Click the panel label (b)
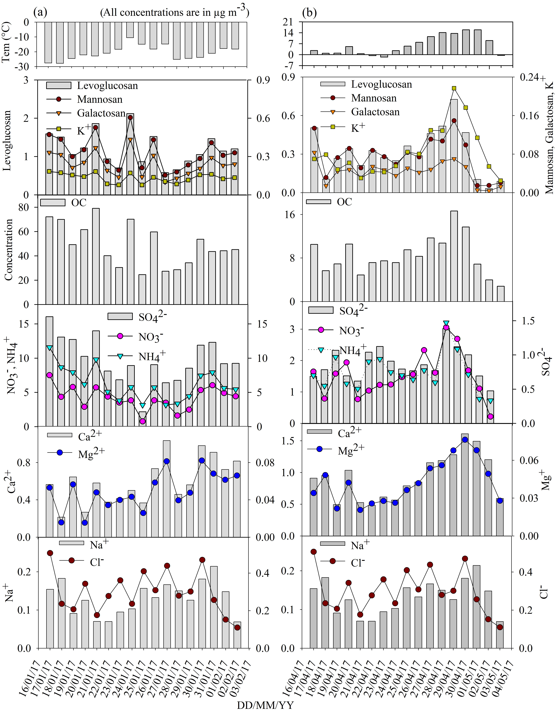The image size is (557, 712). (309, 13)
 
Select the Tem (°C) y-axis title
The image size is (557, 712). (7, 42)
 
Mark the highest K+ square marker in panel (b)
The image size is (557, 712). (454, 88)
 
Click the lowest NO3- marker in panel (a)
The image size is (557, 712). (143, 421)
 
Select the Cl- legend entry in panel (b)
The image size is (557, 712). (357, 562)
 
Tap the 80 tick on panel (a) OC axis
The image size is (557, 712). (23, 207)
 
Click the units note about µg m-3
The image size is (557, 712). (175, 12)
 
